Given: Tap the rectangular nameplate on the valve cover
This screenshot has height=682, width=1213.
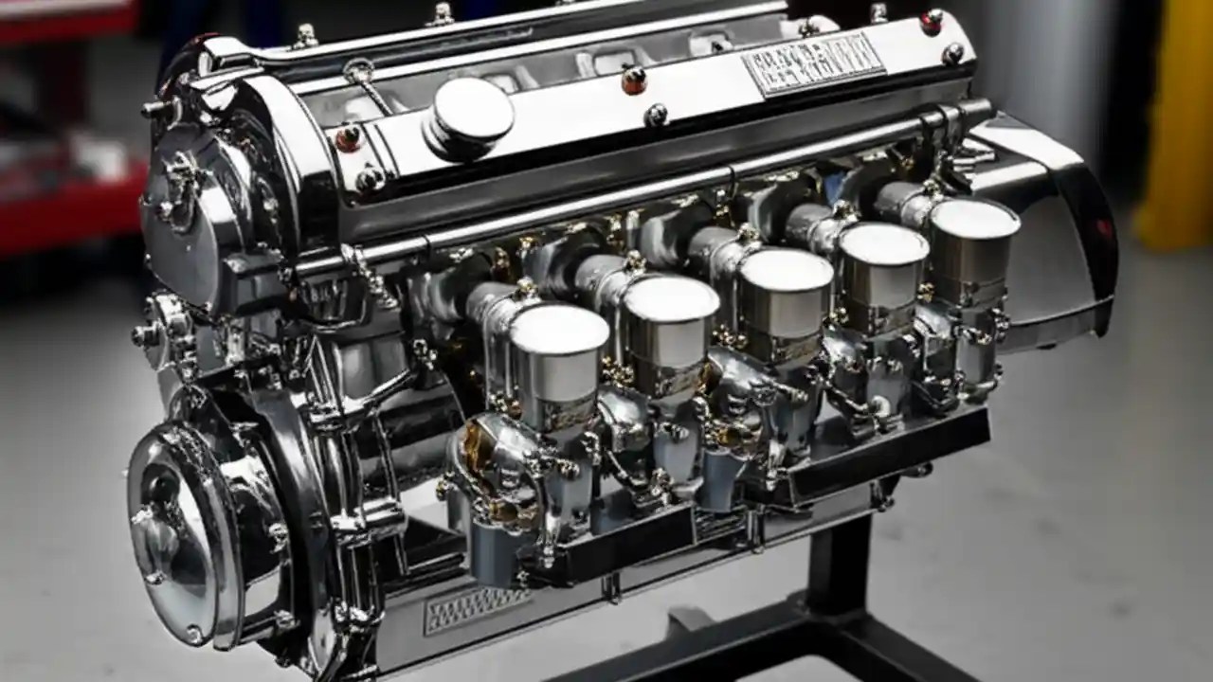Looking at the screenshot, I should (812, 64).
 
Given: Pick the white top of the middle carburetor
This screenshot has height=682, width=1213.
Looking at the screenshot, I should (786, 268).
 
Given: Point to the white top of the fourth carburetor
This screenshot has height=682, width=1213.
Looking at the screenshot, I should (883, 243).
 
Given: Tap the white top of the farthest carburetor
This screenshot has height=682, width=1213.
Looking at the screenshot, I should (974, 218).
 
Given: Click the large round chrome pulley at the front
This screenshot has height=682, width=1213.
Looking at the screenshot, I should (180, 535).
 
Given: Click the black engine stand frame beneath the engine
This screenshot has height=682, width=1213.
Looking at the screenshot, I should (834, 587).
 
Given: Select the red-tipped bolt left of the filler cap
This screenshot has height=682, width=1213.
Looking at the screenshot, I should (348, 138).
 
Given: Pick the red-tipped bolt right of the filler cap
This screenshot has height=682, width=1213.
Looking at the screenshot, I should (633, 81).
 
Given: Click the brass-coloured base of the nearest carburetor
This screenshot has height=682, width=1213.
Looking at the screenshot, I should (483, 464).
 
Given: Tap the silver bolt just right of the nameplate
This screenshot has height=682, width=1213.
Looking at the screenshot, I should (952, 54).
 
